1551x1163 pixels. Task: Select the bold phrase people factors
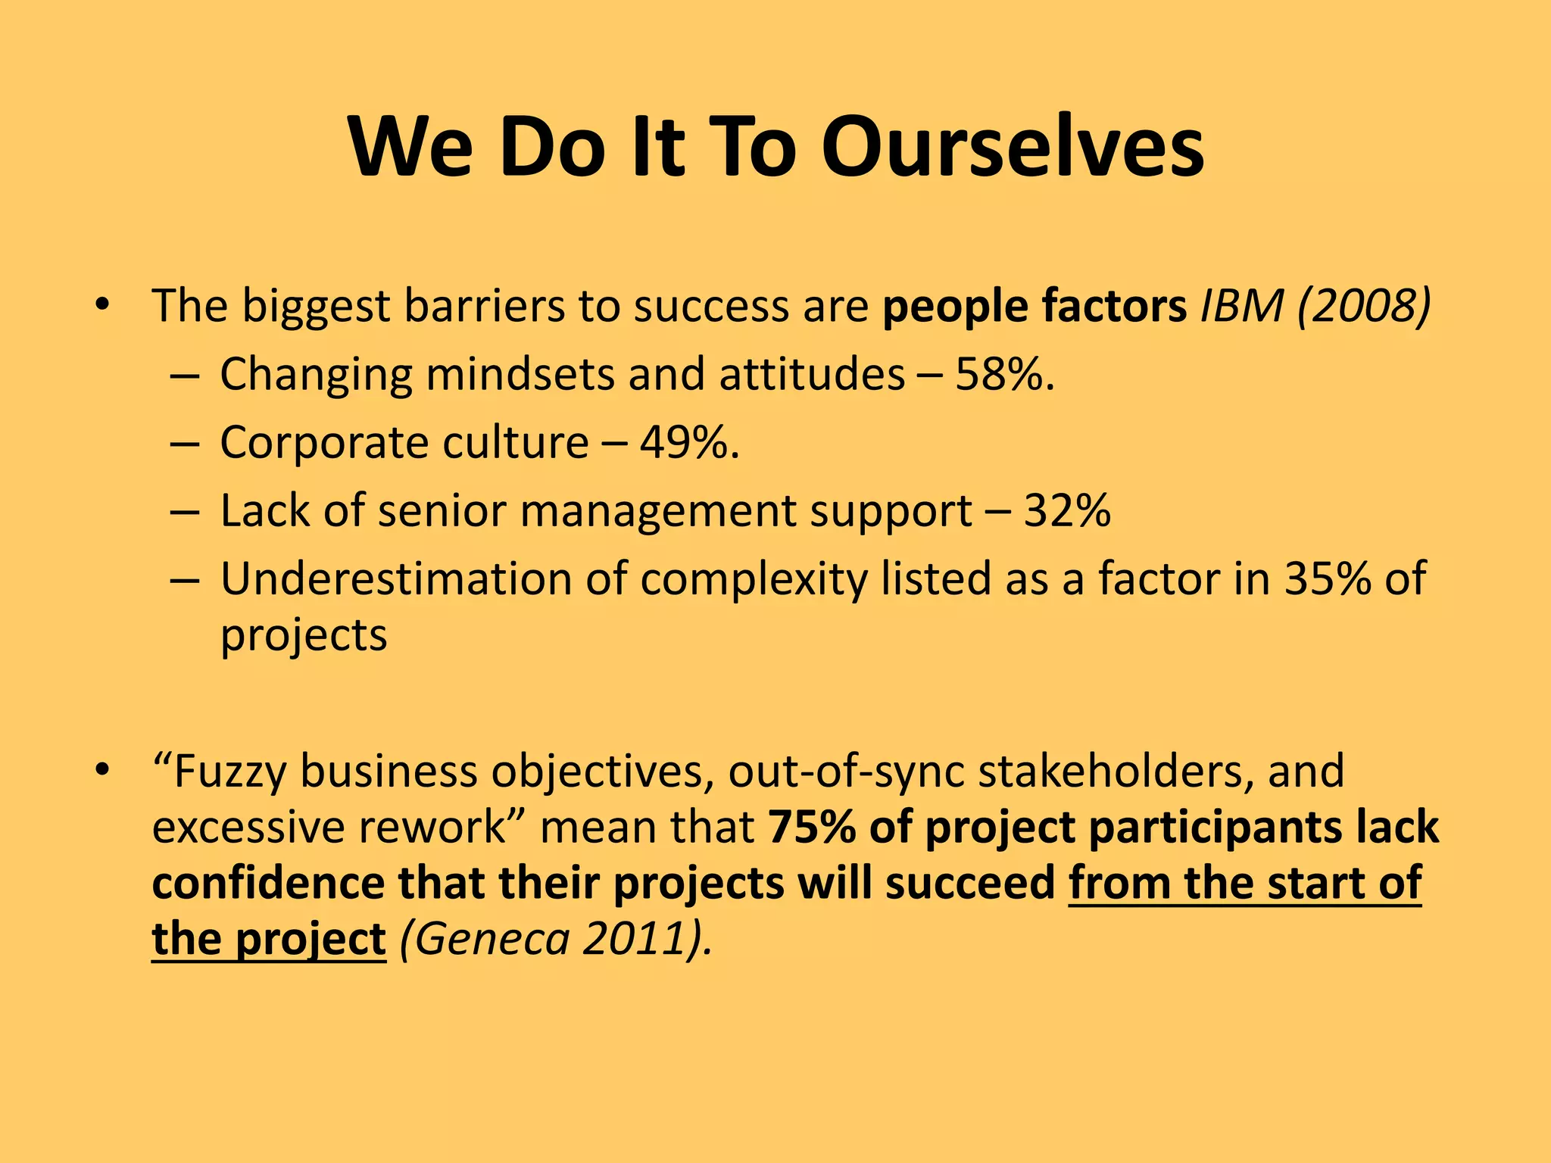point(1035,306)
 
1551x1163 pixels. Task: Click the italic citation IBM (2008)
point(1315,306)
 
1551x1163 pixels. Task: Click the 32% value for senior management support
point(1067,510)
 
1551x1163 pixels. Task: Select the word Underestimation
point(396,578)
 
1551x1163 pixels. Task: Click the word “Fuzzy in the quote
point(220,772)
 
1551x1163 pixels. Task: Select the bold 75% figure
point(811,827)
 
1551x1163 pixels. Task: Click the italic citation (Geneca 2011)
point(556,939)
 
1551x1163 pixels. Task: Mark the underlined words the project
point(269,939)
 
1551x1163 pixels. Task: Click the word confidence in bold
point(268,883)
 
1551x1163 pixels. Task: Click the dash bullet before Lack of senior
point(184,512)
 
